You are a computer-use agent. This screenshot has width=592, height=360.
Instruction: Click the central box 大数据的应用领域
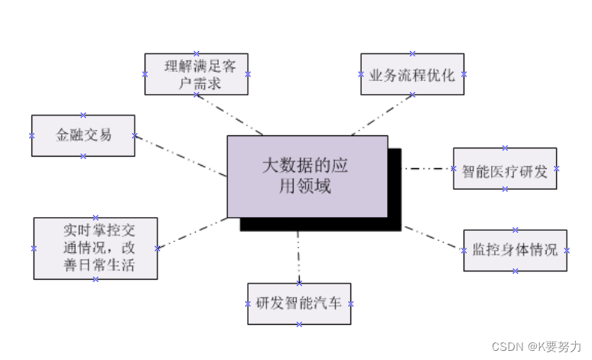coord(307,176)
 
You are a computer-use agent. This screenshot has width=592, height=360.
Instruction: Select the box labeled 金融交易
coord(83,135)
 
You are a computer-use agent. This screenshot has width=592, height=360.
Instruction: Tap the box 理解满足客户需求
coord(196,74)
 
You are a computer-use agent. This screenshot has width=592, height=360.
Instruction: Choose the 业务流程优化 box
coord(412,74)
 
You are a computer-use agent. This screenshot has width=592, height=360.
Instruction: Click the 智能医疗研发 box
coord(505,169)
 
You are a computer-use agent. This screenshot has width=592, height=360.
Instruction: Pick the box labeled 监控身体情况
coord(515,250)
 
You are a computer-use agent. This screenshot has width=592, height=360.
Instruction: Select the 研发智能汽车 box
coord(299,303)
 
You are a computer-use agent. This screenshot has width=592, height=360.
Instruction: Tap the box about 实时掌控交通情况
coord(96,248)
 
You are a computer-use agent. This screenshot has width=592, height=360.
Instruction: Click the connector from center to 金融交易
coord(181,156)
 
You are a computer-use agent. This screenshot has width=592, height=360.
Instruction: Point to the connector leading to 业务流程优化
coord(382,115)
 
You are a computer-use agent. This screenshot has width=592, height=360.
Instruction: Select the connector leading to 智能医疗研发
coord(428,168)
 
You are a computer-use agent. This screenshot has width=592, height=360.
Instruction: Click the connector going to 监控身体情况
coord(432,238)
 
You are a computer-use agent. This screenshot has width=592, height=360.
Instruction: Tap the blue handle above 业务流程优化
coord(412,54)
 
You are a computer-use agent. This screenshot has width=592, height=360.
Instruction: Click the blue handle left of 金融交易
coord(31,135)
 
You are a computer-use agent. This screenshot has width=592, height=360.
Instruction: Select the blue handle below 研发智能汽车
coord(299,324)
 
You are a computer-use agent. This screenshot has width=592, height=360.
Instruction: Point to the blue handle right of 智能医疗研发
coord(557,169)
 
